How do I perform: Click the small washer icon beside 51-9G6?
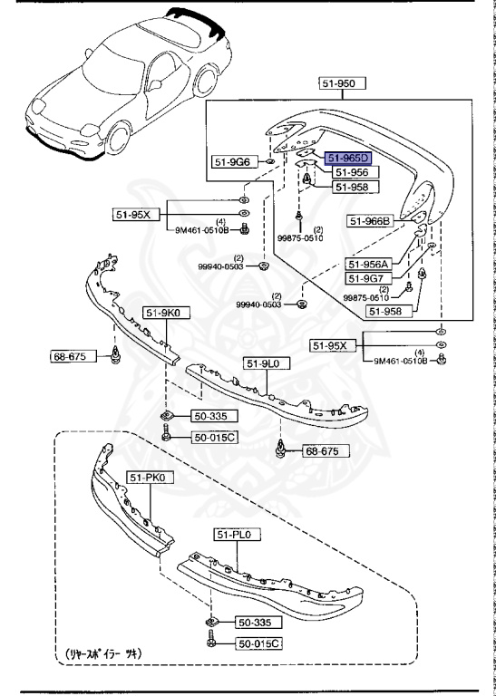[269, 162]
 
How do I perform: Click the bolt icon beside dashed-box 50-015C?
[210, 643]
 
